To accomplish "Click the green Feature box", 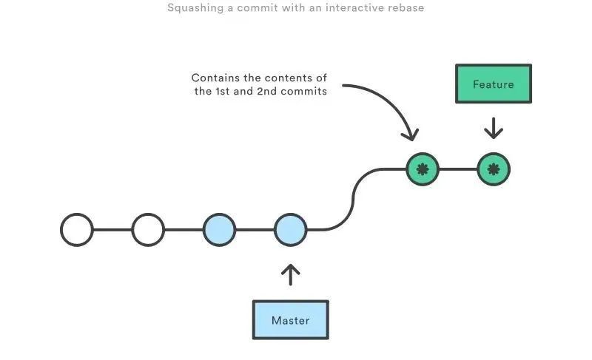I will pyautogui.click(x=493, y=84).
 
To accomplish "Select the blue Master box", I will pyautogui.click(x=290, y=320).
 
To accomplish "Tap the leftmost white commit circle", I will pyautogui.click(x=77, y=230).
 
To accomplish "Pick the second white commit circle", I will pyautogui.click(x=148, y=230).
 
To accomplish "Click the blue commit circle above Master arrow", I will pyautogui.click(x=290, y=230).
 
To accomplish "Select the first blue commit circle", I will pyautogui.click(x=219, y=230).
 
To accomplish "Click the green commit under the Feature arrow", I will pyautogui.click(x=494, y=169).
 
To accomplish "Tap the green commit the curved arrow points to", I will pyautogui.click(x=423, y=169).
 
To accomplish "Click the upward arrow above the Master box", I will pyautogui.click(x=291, y=274).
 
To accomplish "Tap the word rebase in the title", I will pyautogui.click(x=406, y=9).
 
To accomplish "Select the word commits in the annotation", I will pyautogui.click(x=303, y=92).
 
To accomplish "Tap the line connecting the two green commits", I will pyautogui.click(x=458, y=169).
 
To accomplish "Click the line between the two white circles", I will pyautogui.click(x=112, y=230).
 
